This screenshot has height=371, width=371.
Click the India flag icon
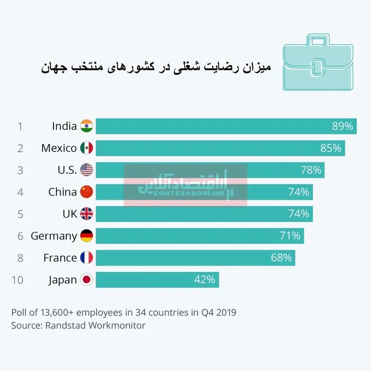click(x=87, y=126)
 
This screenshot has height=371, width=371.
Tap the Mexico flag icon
click(x=87, y=148)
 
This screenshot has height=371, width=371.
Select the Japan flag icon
click(x=87, y=280)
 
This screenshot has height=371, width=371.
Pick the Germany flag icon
click(x=87, y=236)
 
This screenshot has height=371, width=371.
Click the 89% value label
click(x=342, y=126)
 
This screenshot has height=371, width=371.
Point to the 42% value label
click(x=205, y=280)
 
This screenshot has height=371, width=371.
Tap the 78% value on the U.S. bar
click(x=311, y=170)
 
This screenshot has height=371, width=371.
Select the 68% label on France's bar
click(x=281, y=258)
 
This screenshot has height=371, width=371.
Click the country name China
click(x=63, y=192)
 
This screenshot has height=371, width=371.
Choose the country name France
click(x=60, y=258)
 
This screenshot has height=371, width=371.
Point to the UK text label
click(x=70, y=214)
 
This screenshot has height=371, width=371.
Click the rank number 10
click(x=17, y=280)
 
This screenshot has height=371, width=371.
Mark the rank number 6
click(x=20, y=236)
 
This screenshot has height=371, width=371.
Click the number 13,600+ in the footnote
click(x=57, y=313)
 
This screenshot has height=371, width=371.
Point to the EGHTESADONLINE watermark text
click(x=189, y=193)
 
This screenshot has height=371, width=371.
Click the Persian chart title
click(x=156, y=67)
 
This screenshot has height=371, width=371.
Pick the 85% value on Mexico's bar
click(x=331, y=148)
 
